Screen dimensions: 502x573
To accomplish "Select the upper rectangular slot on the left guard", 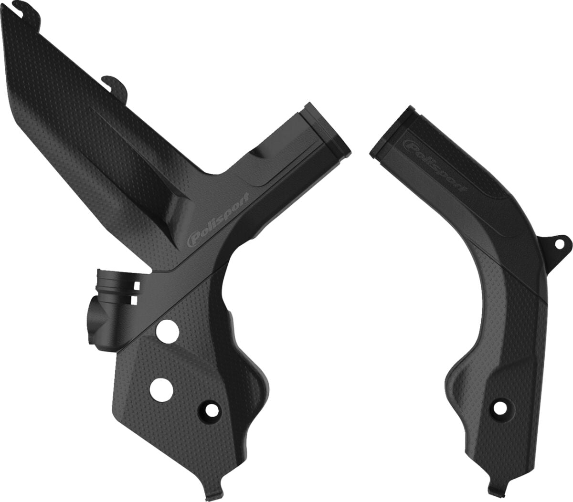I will coord(137,285).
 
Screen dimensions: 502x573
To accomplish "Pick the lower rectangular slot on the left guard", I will coord(137,299).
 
